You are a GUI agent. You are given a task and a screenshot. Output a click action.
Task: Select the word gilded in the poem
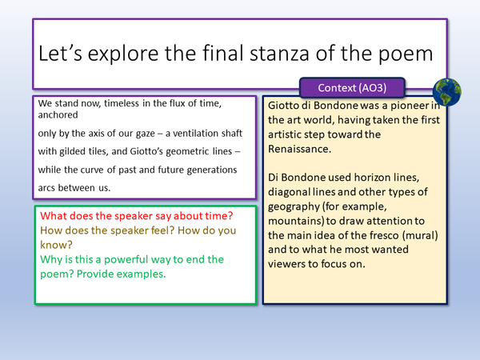pyautogui.click(x=80, y=150)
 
